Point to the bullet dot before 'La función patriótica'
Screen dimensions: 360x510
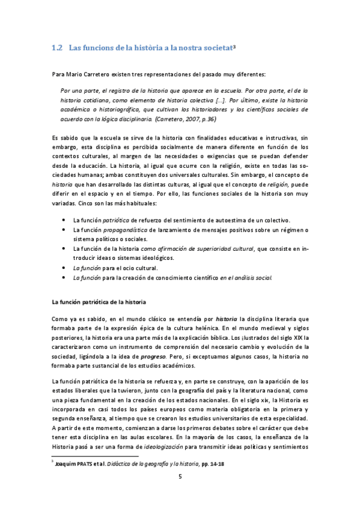point(64,220)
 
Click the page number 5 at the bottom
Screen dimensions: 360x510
point(180,476)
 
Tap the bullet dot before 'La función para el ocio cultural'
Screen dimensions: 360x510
point(64,267)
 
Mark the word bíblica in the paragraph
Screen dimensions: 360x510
point(237,338)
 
